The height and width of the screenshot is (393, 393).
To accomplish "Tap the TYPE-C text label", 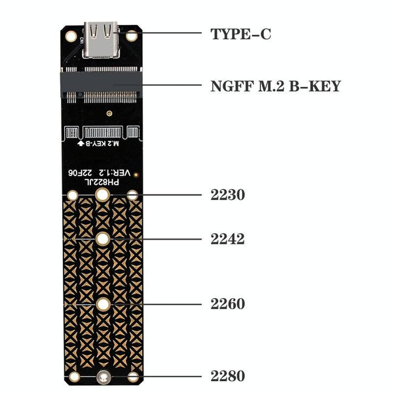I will click(x=240, y=33).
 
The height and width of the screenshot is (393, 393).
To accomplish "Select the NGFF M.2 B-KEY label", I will click(x=275, y=86).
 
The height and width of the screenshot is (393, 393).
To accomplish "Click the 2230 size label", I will click(x=228, y=195).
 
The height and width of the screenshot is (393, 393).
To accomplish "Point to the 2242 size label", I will click(x=228, y=239).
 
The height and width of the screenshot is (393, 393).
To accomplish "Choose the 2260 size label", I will click(x=228, y=304).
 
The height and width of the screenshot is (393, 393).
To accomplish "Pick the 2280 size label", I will click(x=228, y=376).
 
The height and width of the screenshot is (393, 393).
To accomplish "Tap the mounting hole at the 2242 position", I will click(x=103, y=240).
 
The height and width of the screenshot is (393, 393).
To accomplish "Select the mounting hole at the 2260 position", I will click(x=103, y=304).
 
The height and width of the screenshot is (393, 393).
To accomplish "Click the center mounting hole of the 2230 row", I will click(x=103, y=195).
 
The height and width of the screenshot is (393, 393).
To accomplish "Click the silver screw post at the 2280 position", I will click(x=103, y=377).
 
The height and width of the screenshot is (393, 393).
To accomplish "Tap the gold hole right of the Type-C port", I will click(x=132, y=35).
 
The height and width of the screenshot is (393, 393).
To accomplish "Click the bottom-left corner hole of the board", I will click(x=74, y=377).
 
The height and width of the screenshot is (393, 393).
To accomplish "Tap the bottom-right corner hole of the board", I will click(x=133, y=377).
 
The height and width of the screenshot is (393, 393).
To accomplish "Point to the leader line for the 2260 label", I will click(x=170, y=304).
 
